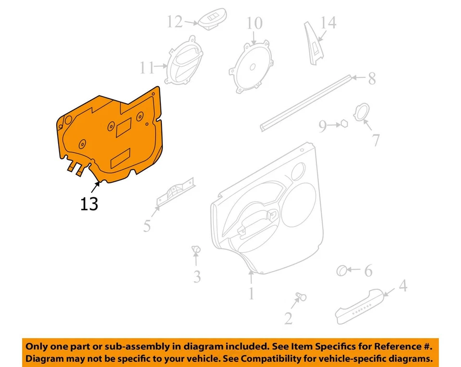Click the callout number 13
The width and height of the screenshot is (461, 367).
[89, 204]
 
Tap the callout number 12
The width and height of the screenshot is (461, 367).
[175, 22]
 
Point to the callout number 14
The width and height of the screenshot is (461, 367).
[329, 23]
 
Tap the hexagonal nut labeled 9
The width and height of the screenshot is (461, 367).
[344, 124]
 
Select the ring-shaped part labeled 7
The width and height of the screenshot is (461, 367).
[361, 113]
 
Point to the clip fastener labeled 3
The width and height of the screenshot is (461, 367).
[195, 249]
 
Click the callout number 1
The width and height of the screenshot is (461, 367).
[251, 293]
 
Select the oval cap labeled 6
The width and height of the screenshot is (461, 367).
[342, 271]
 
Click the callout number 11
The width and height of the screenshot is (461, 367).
[146, 68]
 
